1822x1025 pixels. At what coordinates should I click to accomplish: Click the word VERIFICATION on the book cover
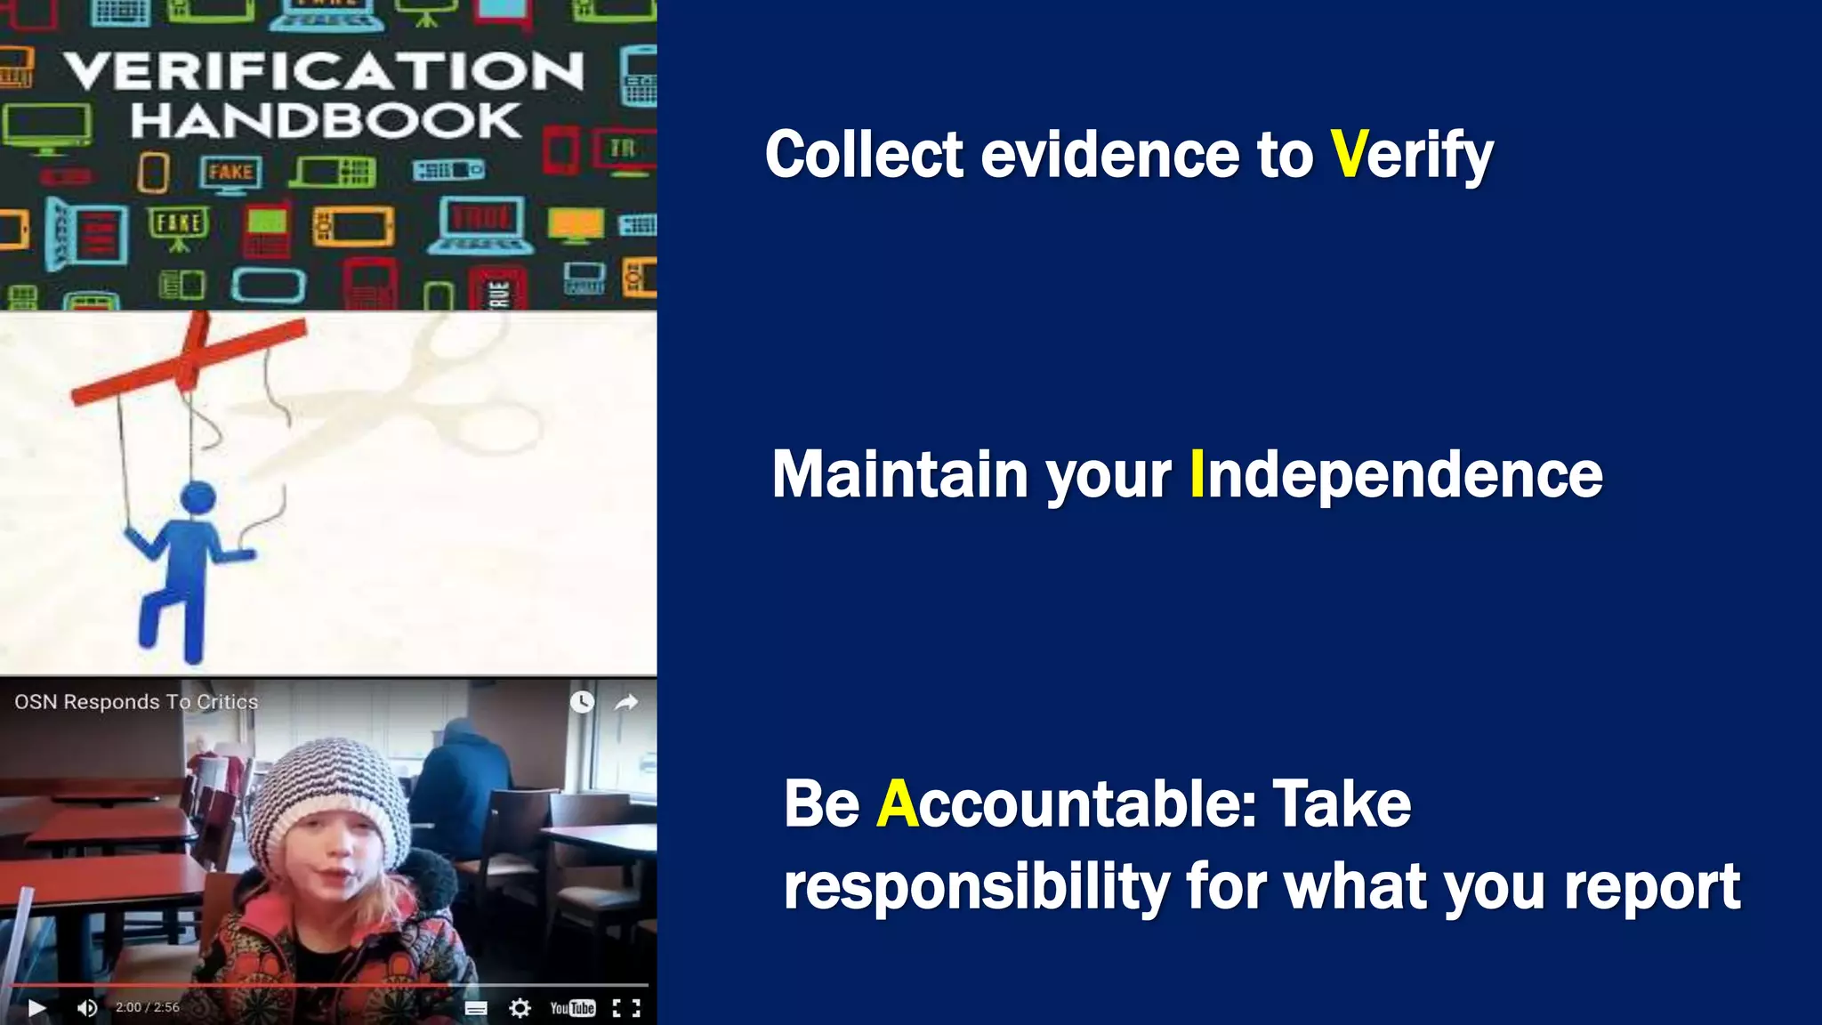[325, 71]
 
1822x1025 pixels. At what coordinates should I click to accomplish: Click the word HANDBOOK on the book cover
[326, 121]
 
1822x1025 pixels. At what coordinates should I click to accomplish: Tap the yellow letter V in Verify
[1348, 154]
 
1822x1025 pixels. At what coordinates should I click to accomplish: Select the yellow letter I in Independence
[1197, 474]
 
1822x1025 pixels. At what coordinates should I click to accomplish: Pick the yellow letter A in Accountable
[897, 803]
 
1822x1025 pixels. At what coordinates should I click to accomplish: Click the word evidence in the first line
[1110, 154]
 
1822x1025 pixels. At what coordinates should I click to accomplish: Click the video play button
[36, 1007]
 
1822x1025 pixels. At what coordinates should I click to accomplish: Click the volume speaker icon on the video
[86, 1007]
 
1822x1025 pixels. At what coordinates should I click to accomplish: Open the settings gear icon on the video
[520, 1007]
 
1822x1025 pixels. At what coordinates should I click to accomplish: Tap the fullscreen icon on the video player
[626, 1007]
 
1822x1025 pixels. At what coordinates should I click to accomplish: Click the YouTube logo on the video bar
[572, 1007]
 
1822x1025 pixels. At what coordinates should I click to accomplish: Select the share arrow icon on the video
[626, 703]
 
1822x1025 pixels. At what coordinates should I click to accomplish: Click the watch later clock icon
[582, 702]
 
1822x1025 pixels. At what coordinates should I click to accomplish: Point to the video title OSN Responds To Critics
[136, 702]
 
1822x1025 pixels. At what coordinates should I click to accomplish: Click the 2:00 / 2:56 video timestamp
[148, 1007]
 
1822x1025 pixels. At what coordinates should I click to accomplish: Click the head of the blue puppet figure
[198, 497]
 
